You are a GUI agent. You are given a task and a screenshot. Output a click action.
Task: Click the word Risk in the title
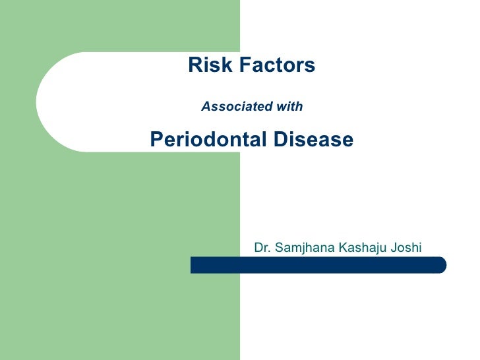pos(206,65)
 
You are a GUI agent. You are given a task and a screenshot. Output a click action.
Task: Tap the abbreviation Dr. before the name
pos(262,248)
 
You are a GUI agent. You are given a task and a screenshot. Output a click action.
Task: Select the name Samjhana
pos(303,249)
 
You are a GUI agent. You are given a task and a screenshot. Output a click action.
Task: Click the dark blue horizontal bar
pos(316,265)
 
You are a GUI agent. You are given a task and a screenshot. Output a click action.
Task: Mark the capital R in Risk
pos(195,65)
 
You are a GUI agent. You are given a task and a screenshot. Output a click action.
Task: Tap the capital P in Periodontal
pos(156,140)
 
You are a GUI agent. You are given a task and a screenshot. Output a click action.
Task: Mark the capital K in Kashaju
pos(343,249)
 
